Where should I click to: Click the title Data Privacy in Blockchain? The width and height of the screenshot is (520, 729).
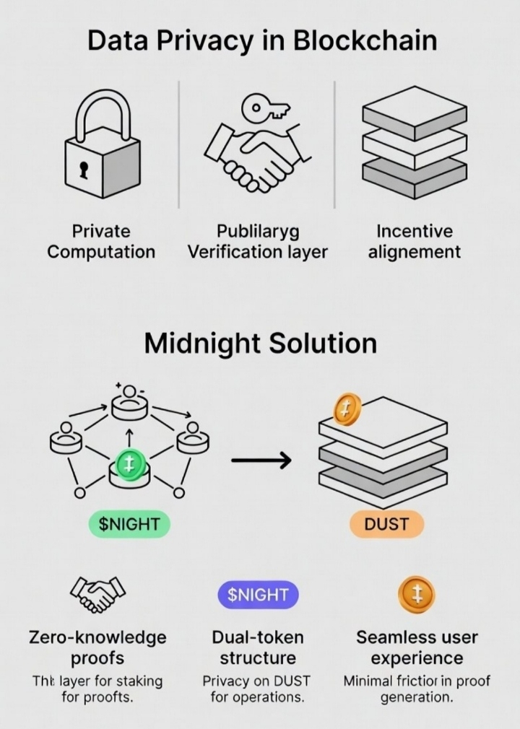tap(261, 40)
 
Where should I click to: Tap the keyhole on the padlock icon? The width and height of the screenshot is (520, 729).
tap(84, 170)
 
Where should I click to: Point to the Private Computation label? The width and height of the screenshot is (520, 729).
tap(101, 241)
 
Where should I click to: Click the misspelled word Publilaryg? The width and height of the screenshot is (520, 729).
tap(257, 231)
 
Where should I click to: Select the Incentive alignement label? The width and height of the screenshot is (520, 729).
tap(414, 241)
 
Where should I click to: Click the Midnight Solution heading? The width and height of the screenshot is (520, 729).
tap(260, 343)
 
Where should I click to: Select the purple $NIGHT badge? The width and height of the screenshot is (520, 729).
tap(258, 595)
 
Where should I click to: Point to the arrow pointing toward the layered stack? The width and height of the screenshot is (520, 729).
tap(261, 460)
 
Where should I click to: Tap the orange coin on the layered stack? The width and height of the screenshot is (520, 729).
tap(347, 410)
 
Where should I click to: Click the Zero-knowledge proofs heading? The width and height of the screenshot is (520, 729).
tap(97, 647)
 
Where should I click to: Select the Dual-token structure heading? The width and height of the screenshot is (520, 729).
tap(258, 647)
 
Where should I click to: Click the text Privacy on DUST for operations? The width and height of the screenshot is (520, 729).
tap(258, 689)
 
